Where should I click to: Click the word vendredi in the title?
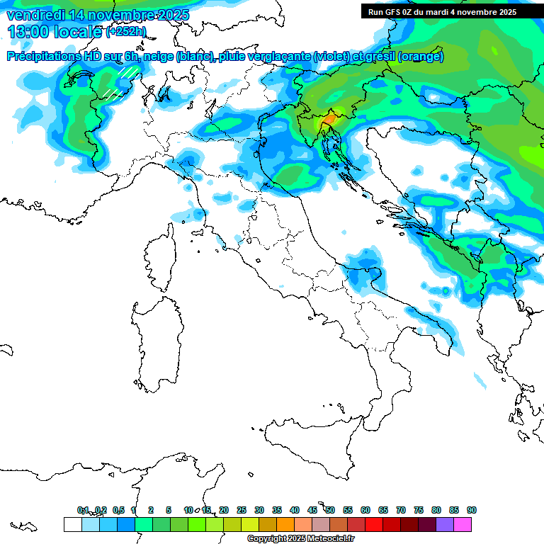coord(35,15)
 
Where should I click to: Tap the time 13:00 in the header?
coord(28,31)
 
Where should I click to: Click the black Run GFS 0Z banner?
coord(442,12)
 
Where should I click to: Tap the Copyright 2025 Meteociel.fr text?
coord(300,539)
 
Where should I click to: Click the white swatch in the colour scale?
coord(72,524)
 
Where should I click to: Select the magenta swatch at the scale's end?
coord(463,524)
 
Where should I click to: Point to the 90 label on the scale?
coord(472,510)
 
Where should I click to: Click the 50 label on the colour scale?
coord(330,510)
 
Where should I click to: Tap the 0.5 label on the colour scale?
coord(118,510)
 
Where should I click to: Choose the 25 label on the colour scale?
coord(242,510)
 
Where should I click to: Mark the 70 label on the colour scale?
coord(401,510)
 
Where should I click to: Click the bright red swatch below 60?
coord(374,524)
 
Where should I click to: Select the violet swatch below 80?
coord(445,524)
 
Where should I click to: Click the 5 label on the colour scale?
coord(169,510)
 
